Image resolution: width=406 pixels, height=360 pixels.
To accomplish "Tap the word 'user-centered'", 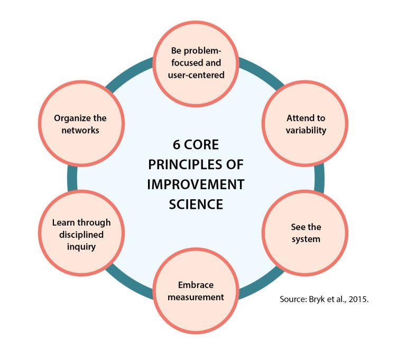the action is pos(196,75).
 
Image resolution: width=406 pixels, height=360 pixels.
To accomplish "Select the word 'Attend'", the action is pos(298,118).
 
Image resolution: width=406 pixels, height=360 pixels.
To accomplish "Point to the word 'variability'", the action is pos(306,130).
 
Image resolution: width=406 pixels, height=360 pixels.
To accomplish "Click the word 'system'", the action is pos(306,239).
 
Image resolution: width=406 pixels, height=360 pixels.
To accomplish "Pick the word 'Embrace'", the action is pos(196,285).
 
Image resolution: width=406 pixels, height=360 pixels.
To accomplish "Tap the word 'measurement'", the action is pos(196,297).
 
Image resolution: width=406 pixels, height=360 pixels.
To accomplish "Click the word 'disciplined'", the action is pos(81,235).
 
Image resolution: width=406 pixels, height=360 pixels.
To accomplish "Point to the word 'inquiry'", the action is pos(81,247).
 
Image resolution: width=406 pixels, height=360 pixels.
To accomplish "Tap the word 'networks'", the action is pos(80,130).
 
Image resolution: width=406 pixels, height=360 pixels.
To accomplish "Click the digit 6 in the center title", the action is pos(177,144).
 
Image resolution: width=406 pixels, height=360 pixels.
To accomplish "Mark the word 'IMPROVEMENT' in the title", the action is pos(196,184).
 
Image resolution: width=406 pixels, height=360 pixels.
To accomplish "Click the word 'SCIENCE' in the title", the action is pos(196,205).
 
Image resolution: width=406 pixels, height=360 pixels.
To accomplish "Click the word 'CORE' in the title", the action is pos(201,144).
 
